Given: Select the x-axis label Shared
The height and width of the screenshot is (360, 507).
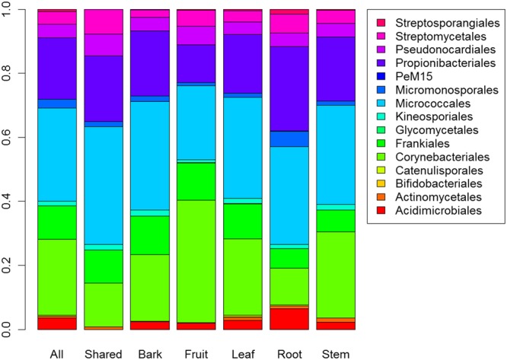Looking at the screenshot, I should (103, 352).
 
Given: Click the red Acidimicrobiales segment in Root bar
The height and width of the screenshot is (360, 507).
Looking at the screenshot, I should (289, 318).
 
